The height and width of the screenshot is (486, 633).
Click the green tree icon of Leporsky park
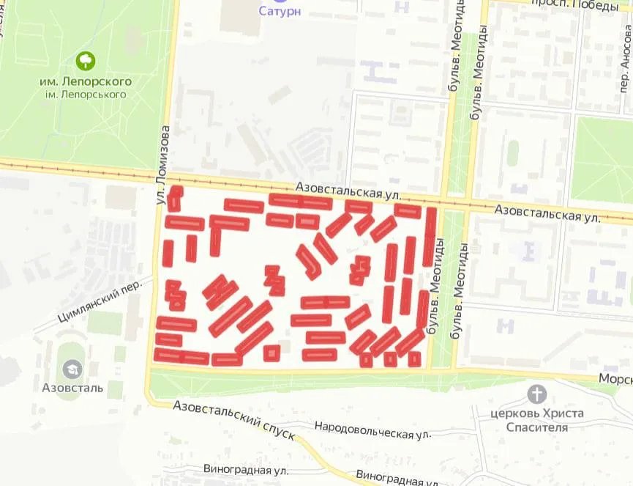[86, 60]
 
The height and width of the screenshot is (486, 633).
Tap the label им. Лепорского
[86, 81]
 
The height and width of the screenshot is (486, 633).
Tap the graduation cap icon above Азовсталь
[72, 369]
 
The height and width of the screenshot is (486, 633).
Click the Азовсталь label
[72, 387]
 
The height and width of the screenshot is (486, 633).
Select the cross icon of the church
[537, 394]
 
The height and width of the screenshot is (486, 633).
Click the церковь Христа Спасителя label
[537, 419]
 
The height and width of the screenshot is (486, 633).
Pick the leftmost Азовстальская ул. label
[349, 192]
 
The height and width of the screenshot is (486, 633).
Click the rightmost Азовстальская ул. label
[547, 213]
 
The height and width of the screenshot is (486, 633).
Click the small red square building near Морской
[414, 358]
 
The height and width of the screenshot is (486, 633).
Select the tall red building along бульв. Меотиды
[430, 236]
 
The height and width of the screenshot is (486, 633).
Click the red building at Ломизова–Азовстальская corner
[175, 198]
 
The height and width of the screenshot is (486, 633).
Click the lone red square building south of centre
[272, 353]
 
